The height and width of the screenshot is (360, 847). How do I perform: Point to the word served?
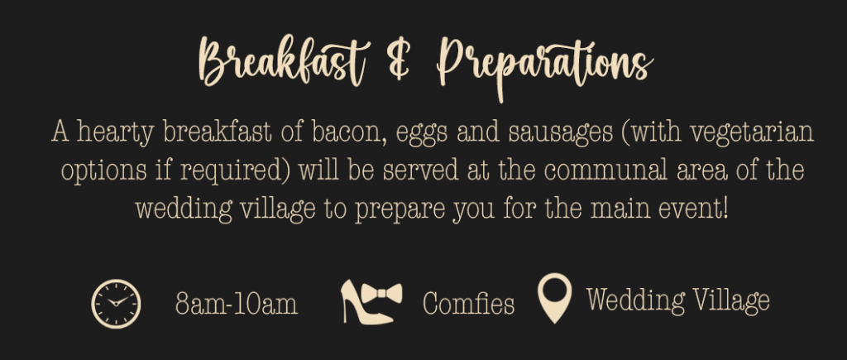coord(420,170)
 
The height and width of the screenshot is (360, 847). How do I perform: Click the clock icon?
coord(116,304)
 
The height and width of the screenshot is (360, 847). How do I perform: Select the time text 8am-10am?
coord(237,304)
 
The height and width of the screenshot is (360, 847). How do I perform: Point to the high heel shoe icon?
coord(361,302)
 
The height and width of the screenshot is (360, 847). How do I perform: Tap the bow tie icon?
coord(382,294)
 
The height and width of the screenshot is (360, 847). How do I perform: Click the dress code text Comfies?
coord(468,303)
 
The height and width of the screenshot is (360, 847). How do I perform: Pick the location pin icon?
coord(555,298)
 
